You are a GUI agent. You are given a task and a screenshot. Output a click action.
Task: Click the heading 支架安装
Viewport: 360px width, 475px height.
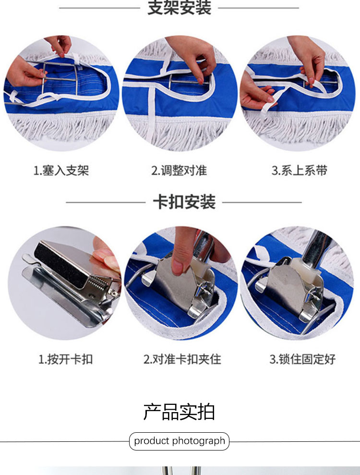click(x=179, y=7)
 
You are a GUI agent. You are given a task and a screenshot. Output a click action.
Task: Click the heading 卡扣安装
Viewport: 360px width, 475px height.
click(x=184, y=202)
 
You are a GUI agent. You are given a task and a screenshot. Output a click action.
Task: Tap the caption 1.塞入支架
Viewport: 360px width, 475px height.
click(x=61, y=171)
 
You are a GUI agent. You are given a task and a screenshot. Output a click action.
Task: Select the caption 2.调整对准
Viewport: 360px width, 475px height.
click(x=179, y=171)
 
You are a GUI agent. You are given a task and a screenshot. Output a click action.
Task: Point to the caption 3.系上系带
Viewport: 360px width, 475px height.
click(x=300, y=170)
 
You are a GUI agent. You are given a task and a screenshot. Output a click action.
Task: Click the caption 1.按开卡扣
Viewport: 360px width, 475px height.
click(x=65, y=359)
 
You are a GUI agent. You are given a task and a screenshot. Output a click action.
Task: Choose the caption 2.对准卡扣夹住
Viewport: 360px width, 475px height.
click(x=182, y=359)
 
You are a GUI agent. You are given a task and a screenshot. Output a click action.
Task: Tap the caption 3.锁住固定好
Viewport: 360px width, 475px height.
click(x=302, y=359)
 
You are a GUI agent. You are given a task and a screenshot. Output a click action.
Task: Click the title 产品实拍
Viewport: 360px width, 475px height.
click(x=179, y=412)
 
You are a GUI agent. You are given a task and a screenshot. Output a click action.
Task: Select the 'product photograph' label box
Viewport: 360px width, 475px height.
click(x=179, y=441)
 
